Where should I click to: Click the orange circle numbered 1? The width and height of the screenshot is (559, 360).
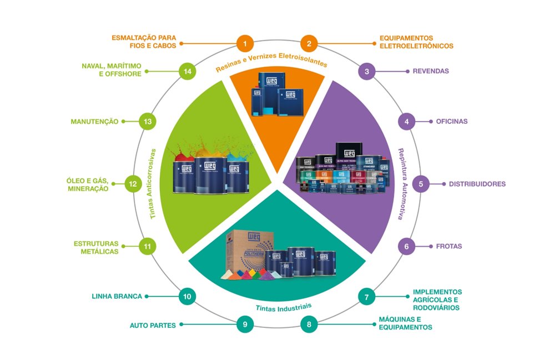click(x=245, y=43)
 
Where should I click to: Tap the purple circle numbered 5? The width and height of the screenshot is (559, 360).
click(x=421, y=184)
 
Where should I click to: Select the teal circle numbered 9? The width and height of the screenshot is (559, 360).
click(x=245, y=324)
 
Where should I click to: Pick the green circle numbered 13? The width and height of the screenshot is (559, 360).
click(x=147, y=121)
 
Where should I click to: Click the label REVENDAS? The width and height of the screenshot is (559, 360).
click(x=430, y=71)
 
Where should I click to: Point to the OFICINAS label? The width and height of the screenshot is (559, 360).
click(x=452, y=121)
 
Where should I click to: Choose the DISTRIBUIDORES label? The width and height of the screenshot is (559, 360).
click(x=477, y=184)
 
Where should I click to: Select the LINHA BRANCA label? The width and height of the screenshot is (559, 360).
click(x=117, y=296)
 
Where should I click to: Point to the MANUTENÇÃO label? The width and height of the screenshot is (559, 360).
click(x=94, y=121)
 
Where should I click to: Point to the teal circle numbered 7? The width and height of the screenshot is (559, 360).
click(x=366, y=297)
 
